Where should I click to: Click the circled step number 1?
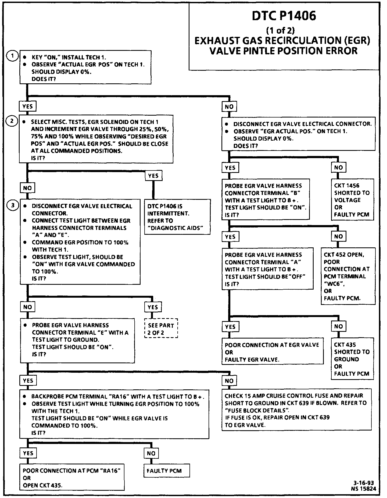coord(12,56)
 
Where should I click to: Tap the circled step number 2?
coord(12,121)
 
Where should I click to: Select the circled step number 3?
coord(12,205)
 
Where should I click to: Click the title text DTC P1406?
coord(284,16)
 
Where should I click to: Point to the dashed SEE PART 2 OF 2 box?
coord(161,329)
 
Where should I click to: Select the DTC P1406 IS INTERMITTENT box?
coord(177,217)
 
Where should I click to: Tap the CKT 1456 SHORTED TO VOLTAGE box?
coord(352,200)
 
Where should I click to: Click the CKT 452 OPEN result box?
coord(348,276)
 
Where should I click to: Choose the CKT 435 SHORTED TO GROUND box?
coord(352,359)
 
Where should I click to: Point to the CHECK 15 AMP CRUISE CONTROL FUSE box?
coord(296,410)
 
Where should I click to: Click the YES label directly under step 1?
coord(28,106)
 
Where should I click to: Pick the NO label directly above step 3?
coord(27,188)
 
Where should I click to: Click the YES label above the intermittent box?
coord(153,176)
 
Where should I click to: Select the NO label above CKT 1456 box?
coord(338,168)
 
